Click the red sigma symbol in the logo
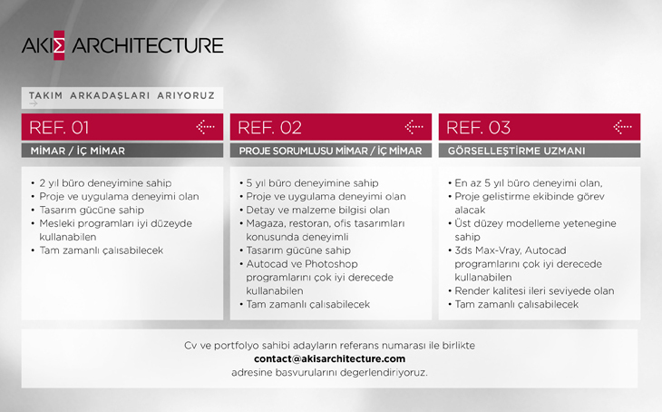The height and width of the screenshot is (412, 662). coord(59,45)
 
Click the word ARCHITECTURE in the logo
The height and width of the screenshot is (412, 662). coord(147,45)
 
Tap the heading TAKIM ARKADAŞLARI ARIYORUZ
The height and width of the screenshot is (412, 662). coord(122,95)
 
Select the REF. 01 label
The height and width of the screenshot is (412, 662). coord(59,128)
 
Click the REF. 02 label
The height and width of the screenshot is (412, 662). coord(269,128)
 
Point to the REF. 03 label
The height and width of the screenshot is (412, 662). coord(478,128)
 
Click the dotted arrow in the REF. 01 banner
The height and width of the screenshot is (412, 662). coord(205,127)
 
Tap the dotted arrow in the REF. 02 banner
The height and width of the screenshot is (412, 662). coord(414,127)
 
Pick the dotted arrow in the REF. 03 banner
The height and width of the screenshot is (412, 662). coord(622,127)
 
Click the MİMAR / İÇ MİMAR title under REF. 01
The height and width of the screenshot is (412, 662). coord(78,151)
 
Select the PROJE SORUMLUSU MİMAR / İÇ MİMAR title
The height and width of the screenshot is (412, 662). coord(330,151)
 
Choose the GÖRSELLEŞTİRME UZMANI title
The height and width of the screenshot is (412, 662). coord(516,151)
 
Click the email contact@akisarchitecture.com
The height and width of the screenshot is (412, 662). coord(329,358)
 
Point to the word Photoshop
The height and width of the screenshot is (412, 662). coord(331,264)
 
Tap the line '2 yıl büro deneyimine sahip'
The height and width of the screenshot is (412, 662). coord(105,183)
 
